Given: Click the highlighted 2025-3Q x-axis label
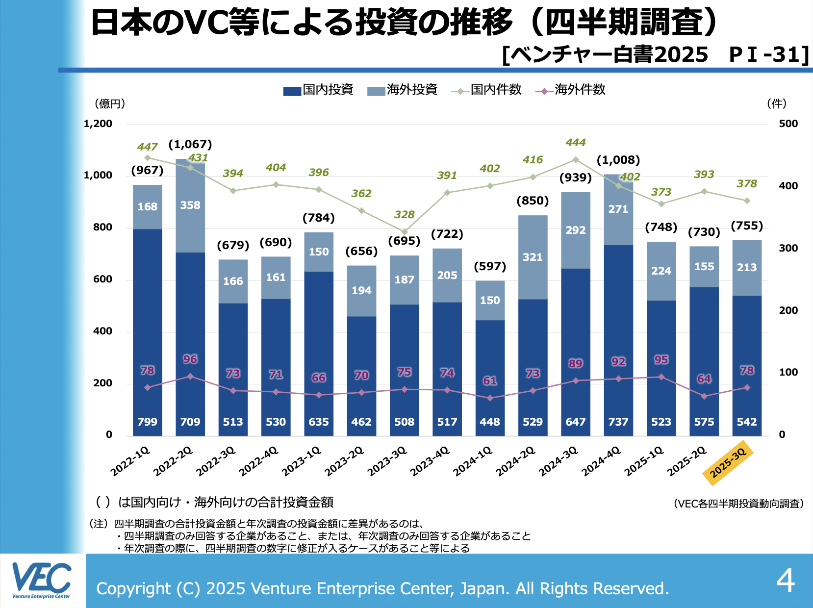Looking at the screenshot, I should click(728, 462).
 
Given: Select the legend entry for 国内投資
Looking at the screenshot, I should click(318, 90).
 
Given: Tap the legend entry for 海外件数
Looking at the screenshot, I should click(571, 90).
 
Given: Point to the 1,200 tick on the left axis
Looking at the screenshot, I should click(98, 124).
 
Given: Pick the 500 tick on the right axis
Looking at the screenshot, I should click(788, 124).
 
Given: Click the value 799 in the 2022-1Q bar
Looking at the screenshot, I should click(147, 422).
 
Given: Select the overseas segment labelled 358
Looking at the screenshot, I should click(190, 205).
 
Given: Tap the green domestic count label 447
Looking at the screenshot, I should click(147, 147).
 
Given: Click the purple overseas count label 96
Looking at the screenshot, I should click(190, 359).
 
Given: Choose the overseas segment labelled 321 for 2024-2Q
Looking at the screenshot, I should click(533, 257).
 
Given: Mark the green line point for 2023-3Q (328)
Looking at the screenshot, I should click(405, 232).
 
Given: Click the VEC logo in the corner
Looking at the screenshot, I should click(42, 581).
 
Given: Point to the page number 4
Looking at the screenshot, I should click(786, 581).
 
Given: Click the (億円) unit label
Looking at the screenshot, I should click(110, 104).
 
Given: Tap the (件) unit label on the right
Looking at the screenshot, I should click(777, 104).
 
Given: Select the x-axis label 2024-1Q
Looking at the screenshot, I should click(473, 462).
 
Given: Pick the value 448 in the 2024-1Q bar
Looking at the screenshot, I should click(490, 422).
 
